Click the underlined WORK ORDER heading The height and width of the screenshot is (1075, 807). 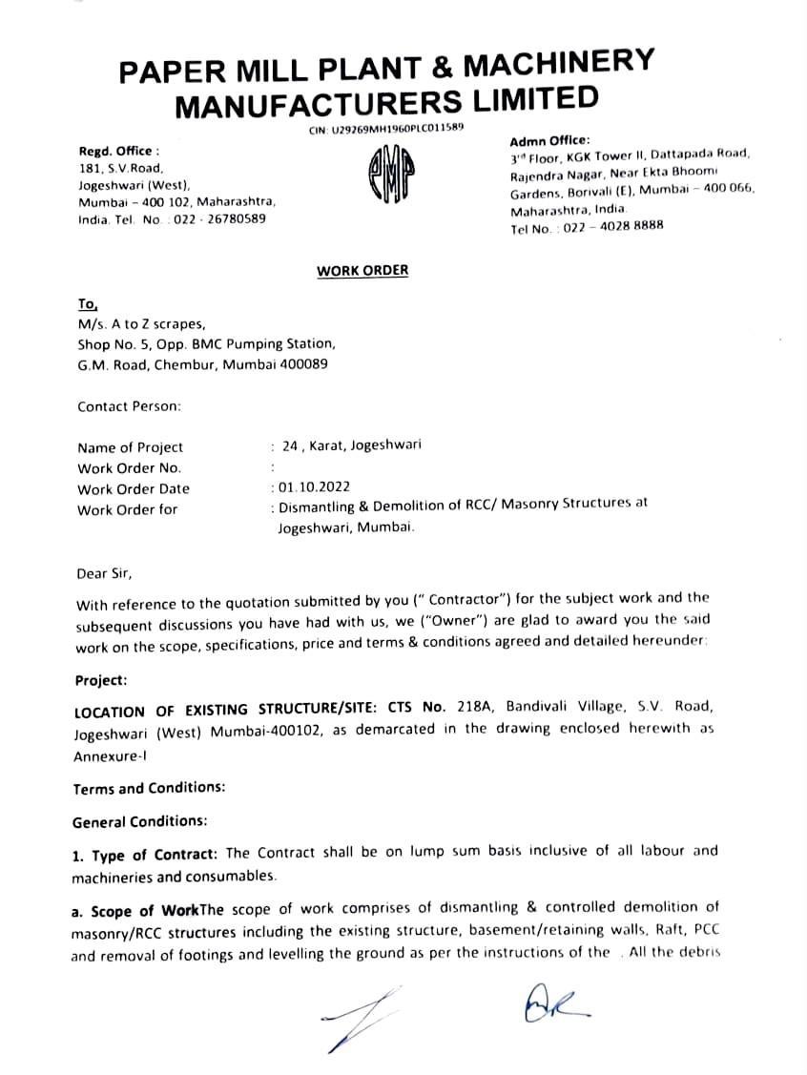tap(362, 270)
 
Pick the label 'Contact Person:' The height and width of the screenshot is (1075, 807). tap(129, 406)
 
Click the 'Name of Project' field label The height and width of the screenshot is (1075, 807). tap(130, 447)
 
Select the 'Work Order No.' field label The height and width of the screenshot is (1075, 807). tap(129, 468)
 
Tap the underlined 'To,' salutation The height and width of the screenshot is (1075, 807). tap(88, 303)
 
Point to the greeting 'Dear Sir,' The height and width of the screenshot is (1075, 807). tap(105, 574)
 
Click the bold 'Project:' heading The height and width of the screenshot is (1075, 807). tap(100, 681)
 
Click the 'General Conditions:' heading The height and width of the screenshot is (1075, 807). tap(138, 820)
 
